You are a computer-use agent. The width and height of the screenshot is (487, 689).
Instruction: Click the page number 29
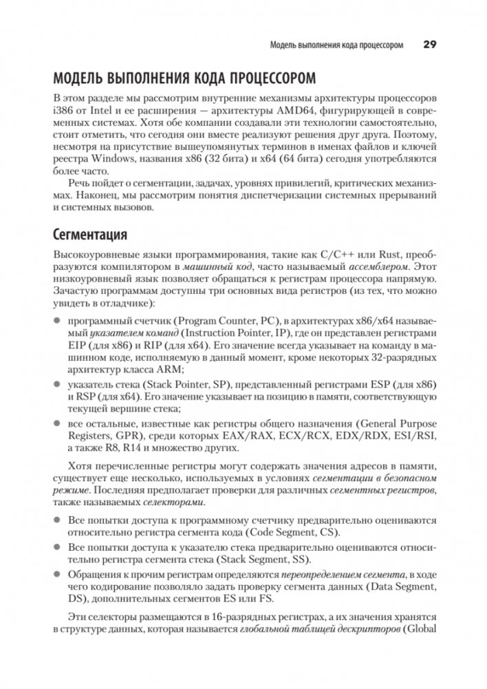429,46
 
